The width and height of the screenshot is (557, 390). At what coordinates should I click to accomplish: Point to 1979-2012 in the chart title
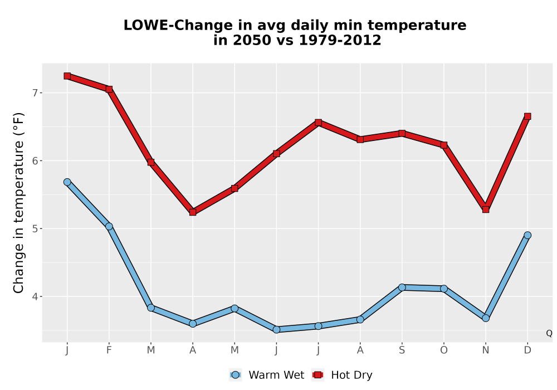coord(340,40)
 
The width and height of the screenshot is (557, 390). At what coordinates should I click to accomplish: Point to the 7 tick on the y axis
coord(35,93)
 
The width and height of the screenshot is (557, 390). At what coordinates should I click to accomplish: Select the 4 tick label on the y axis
coord(35,296)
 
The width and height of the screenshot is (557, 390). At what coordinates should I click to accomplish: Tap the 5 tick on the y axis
coord(35,229)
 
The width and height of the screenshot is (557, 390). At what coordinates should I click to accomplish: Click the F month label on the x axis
coord(109,350)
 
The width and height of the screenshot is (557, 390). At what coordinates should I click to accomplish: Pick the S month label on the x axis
coord(402,350)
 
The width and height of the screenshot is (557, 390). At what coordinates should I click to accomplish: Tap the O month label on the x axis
coord(444,350)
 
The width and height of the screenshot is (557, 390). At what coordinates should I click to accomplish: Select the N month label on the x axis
coord(486,350)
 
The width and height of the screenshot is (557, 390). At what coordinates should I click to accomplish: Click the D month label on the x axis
coord(527,350)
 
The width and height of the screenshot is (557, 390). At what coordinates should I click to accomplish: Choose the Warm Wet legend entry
coord(266,375)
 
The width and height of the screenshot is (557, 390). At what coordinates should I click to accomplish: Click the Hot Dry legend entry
coord(342,375)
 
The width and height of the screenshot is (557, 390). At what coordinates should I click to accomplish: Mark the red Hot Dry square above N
coord(486,209)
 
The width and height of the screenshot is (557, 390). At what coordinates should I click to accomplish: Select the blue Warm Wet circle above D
coord(527,235)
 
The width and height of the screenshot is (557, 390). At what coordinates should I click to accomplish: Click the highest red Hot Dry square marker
coord(67,76)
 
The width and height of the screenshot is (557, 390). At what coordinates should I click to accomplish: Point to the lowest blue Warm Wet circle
coord(276,330)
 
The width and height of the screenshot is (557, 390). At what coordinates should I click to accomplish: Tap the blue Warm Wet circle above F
coord(109,227)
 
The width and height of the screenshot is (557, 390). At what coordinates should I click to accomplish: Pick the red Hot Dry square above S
coord(402,134)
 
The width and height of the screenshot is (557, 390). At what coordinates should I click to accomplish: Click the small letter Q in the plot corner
coord(549,333)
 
